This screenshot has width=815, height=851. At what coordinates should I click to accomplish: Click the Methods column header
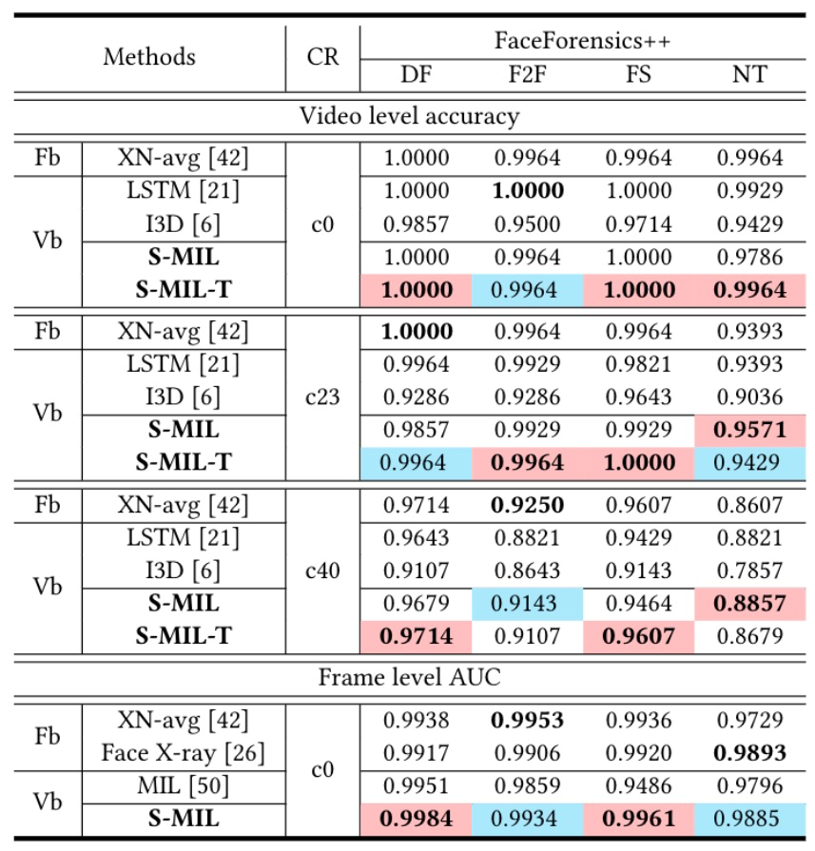click(x=149, y=57)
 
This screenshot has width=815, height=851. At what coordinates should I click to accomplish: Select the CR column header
click(x=323, y=57)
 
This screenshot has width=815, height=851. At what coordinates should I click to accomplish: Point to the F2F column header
click(x=528, y=74)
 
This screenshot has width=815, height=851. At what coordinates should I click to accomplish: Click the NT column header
click(x=749, y=74)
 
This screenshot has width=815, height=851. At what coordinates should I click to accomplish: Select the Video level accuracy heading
click(x=409, y=117)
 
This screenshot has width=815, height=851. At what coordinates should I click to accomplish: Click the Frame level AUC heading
click(x=409, y=679)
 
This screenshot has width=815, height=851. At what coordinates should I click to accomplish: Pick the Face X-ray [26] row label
click(x=184, y=753)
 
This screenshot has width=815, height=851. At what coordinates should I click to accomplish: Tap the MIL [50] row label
click(x=184, y=785)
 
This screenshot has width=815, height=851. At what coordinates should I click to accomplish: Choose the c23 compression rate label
click(x=323, y=396)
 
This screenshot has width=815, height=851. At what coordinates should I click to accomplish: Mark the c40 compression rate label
click(x=323, y=571)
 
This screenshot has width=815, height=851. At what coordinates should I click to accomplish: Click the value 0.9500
click(x=528, y=224)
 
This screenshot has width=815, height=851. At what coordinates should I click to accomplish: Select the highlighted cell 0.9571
click(x=749, y=430)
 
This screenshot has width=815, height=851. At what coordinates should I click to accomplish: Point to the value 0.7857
click(x=749, y=571)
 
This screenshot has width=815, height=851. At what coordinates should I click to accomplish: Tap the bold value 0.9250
click(x=528, y=505)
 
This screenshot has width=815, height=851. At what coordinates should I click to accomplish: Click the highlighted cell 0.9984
click(x=417, y=818)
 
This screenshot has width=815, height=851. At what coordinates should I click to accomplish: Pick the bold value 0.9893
click(x=749, y=753)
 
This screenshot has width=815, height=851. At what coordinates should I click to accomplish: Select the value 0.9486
click(x=639, y=785)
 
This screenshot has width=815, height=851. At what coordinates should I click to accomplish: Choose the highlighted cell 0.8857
click(x=749, y=604)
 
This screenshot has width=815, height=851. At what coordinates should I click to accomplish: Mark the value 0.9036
click(x=749, y=396)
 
